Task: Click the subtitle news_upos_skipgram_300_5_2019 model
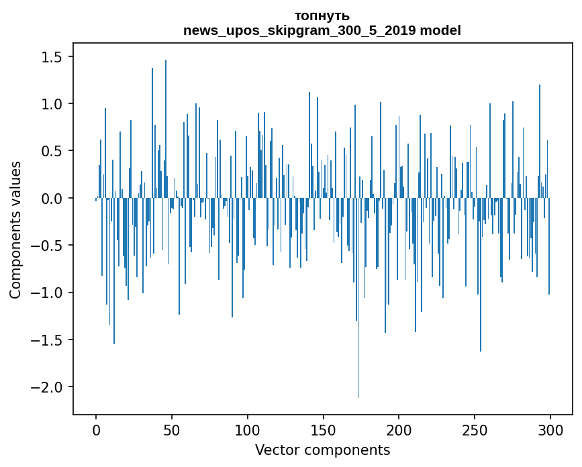click(322, 31)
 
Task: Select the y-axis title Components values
click(15, 229)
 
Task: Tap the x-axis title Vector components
click(322, 450)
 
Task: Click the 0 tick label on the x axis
click(96, 429)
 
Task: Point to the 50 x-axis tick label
click(172, 429)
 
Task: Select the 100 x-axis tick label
click(248, 429)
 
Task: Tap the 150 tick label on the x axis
click(323, 429)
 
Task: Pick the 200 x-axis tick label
click(399, 429)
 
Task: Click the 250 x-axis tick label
click(475, 429)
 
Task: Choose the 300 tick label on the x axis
click(550, 429)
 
